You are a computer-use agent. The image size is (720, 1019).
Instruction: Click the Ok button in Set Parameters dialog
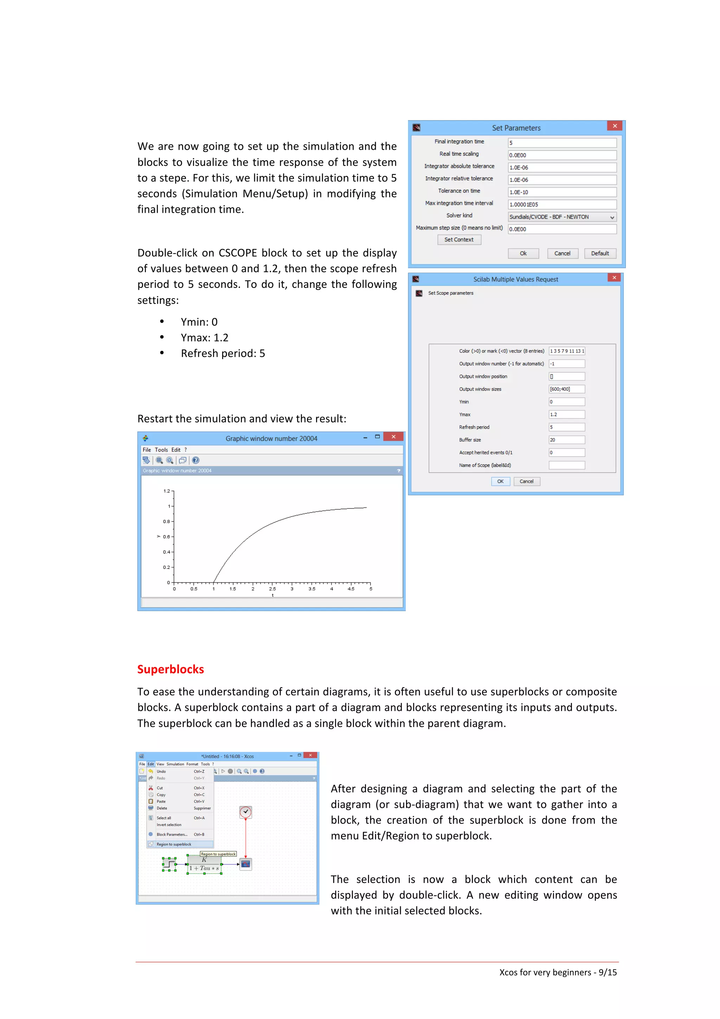[523, 254]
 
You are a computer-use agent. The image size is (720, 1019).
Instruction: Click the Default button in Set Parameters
[600, 254]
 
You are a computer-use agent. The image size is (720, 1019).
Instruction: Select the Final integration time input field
[562, 143]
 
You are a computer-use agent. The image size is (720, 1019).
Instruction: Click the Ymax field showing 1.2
[566, 415]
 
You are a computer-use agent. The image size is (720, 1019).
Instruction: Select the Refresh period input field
[566, 427]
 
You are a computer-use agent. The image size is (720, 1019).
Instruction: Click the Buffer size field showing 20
[566, 440]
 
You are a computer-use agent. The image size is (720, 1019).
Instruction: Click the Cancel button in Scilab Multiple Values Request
[527, 481]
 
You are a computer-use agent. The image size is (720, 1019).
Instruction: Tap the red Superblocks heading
[171, 669]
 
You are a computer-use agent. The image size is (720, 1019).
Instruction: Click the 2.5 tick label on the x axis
[272, 589]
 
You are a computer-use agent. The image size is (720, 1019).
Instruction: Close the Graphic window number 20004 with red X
[393, 437]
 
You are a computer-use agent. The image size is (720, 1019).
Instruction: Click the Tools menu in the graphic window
[161, 450]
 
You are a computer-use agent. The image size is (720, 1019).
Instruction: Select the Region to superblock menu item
[174, 844]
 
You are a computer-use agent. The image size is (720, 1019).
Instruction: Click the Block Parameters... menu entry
[172, 834]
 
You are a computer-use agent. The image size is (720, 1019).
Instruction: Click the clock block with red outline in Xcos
[245, 812]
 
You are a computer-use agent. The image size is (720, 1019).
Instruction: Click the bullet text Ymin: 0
[199, 322]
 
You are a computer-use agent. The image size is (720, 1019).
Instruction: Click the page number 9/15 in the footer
[607, 972]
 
